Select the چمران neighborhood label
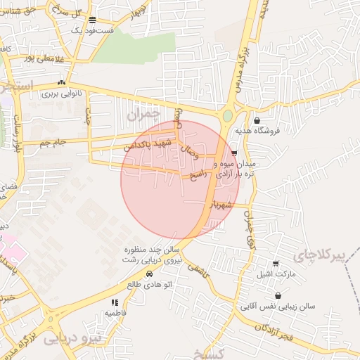144,113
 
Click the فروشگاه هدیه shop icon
257,120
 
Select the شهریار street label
219,205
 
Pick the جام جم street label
53,143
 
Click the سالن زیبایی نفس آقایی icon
279,295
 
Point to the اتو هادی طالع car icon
149,274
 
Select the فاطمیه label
115,311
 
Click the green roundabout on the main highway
228,115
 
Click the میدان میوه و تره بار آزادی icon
234,153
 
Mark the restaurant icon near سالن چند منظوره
115,262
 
